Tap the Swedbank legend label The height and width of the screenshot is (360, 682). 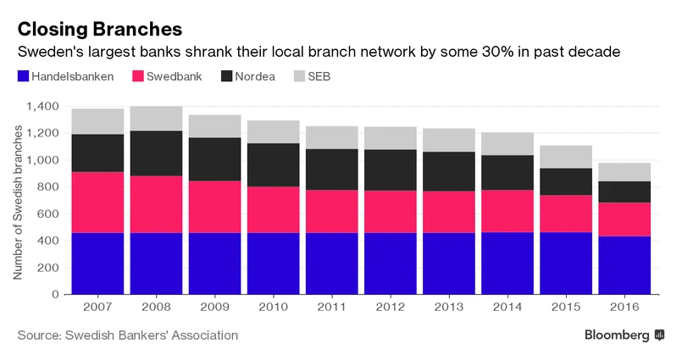175,77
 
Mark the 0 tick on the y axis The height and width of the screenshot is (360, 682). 55,295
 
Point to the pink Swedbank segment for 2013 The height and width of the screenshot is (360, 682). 449,212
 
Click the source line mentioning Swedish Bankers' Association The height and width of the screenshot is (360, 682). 127,335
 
